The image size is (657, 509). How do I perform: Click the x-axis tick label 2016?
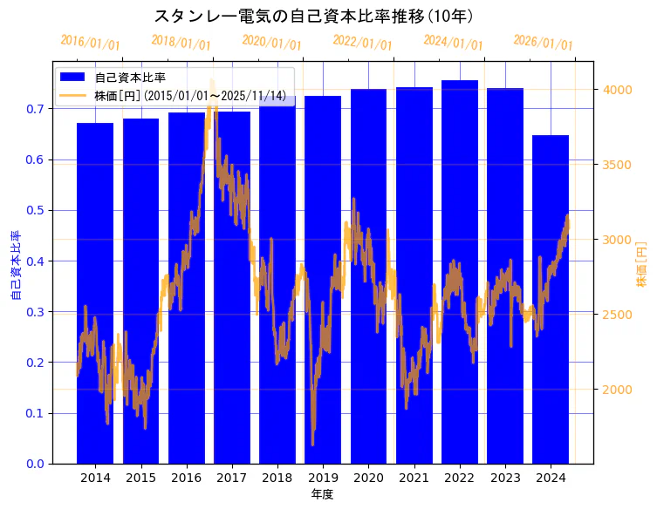coord(186,478)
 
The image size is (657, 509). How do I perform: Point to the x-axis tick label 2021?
coord(414,478)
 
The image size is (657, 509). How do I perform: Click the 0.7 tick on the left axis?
coord(35,109)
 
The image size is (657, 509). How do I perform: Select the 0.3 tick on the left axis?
coord(35,311)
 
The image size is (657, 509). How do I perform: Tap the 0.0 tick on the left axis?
coord(35,464)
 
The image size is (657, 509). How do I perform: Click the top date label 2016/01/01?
coord(91,43)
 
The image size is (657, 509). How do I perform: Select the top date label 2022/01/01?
coord(363,43)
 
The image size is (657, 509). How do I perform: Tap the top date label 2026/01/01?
coord(544,43)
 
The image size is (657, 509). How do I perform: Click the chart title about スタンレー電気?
coord(314,16)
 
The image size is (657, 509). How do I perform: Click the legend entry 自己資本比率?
coord(130,78)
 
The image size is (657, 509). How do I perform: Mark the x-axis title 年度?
coord(323,494)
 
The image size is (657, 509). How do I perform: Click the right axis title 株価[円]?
coord(642,266)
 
